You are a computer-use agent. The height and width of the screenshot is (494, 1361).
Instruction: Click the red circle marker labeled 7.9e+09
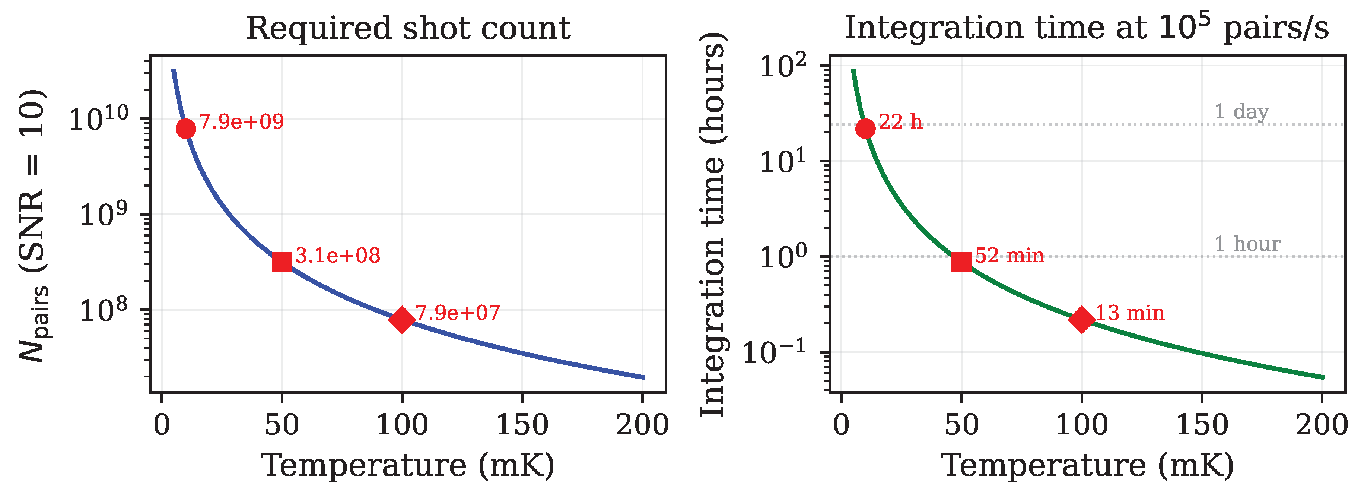[x=185, y=129]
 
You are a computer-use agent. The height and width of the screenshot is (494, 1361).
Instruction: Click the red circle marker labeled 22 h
[x=865, y=129]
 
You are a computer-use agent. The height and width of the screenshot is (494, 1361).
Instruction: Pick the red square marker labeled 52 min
[x=961, y=262]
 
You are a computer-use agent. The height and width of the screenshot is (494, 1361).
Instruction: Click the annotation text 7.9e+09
[x=241, y=122]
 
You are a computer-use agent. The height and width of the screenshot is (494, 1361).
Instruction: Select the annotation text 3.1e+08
[x=338, y=256]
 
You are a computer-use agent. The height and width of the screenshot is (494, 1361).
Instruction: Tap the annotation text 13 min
[x=1130, y=313]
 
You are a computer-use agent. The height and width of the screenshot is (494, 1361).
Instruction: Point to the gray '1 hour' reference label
[x=1247, y=244]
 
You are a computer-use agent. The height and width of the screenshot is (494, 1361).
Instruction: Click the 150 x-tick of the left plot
[x=522, y=425]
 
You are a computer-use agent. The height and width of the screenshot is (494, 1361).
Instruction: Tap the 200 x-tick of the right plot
[x=1322, y=425]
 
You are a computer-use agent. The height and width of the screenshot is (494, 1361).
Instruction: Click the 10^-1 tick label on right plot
[x=774, y=352]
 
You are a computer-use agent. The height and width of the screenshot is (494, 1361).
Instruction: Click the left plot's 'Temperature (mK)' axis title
[x=408, y=465]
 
